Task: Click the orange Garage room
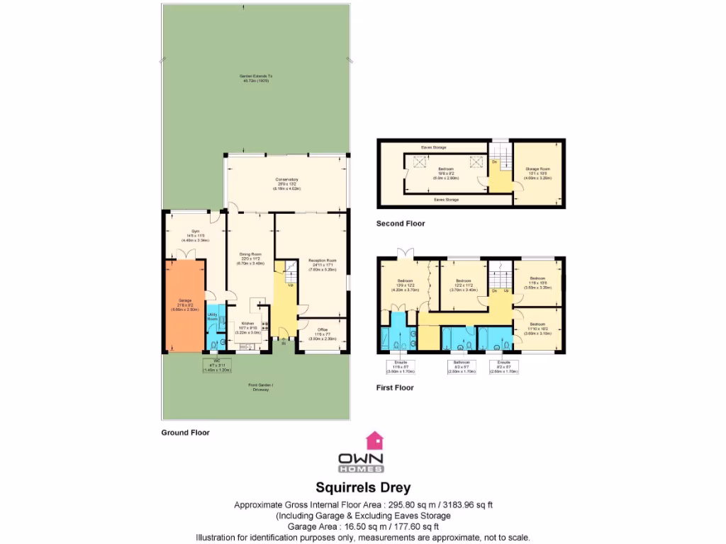point(185,305)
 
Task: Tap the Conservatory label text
point(286,184)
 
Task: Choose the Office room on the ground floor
point(322,334)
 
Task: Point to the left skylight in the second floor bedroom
point(418,162)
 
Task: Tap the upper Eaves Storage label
point(433,147)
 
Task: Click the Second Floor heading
point(401,223)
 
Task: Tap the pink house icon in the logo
point(374,441)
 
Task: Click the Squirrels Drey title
point(362,488)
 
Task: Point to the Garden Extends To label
point(256,79)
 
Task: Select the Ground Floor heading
point(185,432)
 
